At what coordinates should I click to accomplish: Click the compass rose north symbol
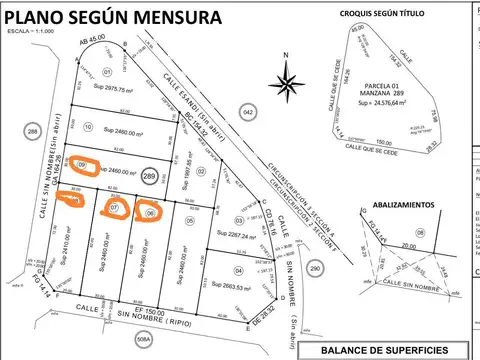coord(288,80)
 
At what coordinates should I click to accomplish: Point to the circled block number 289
coord(150,176)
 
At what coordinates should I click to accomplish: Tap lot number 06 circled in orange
coord(149,212)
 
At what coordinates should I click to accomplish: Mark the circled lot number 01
coord(107,72)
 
